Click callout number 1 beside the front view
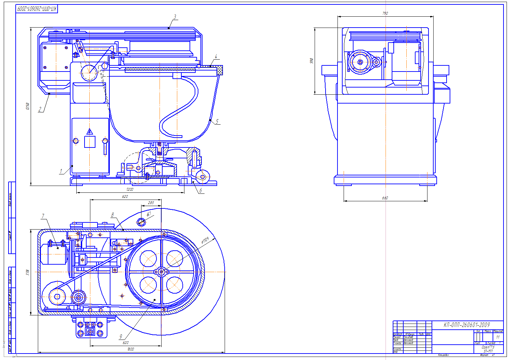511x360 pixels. [61, 171]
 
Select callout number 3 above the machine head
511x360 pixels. [175, 17]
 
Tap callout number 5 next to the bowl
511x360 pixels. [217, 122]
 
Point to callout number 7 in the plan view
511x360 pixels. [43, 216]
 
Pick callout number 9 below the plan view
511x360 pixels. [121, 337]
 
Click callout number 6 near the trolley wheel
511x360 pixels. [201, 191]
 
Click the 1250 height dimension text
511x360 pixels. [28, 106]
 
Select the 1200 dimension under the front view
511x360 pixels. [130, 189]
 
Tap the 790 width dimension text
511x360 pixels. [385, 13]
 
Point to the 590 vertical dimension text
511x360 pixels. [311, 61]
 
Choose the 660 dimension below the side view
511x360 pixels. [385, 198]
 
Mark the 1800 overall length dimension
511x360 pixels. [131, 349]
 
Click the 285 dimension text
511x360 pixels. [151, 203]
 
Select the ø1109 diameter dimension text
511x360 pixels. [205, 241]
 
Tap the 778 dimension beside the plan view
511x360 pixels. [28, 272]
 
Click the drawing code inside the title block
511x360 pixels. [466, 325]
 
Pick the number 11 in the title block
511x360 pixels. [498, 337]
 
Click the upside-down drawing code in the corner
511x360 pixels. [37, 9]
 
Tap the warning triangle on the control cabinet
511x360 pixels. [90, 131]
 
